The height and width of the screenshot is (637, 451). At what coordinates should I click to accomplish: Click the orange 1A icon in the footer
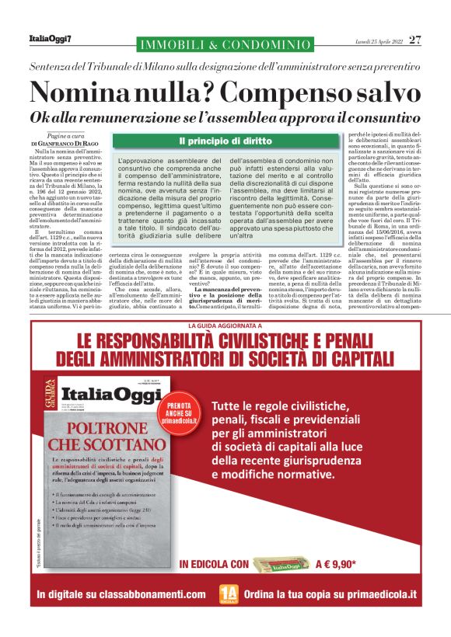(x=229, y=596)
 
